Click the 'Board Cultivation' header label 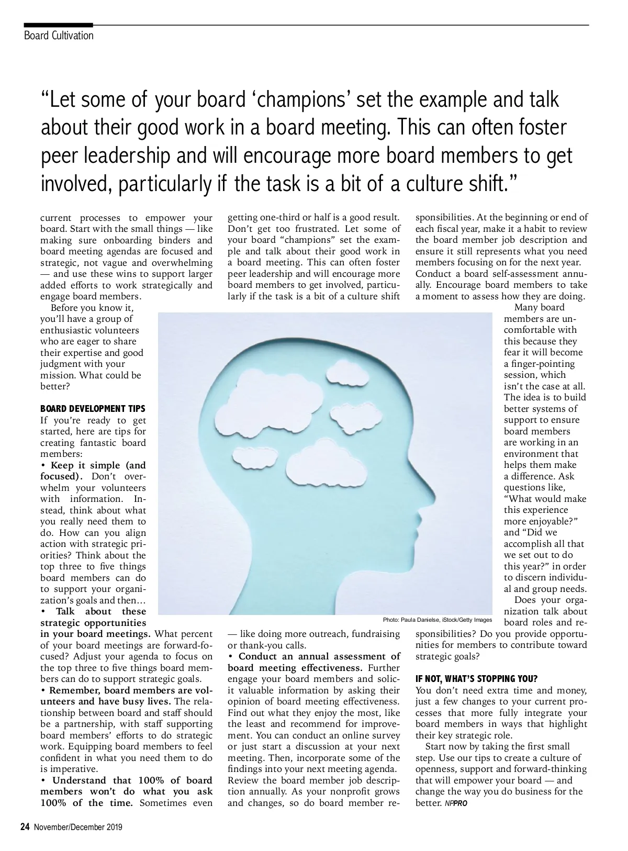point(59,36)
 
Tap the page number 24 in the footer point(24,827)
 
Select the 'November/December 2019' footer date point(78,827)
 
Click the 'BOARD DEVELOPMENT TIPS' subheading point(93,409)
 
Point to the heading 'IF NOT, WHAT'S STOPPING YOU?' point(476,679)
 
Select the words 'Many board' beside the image point(539,307)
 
